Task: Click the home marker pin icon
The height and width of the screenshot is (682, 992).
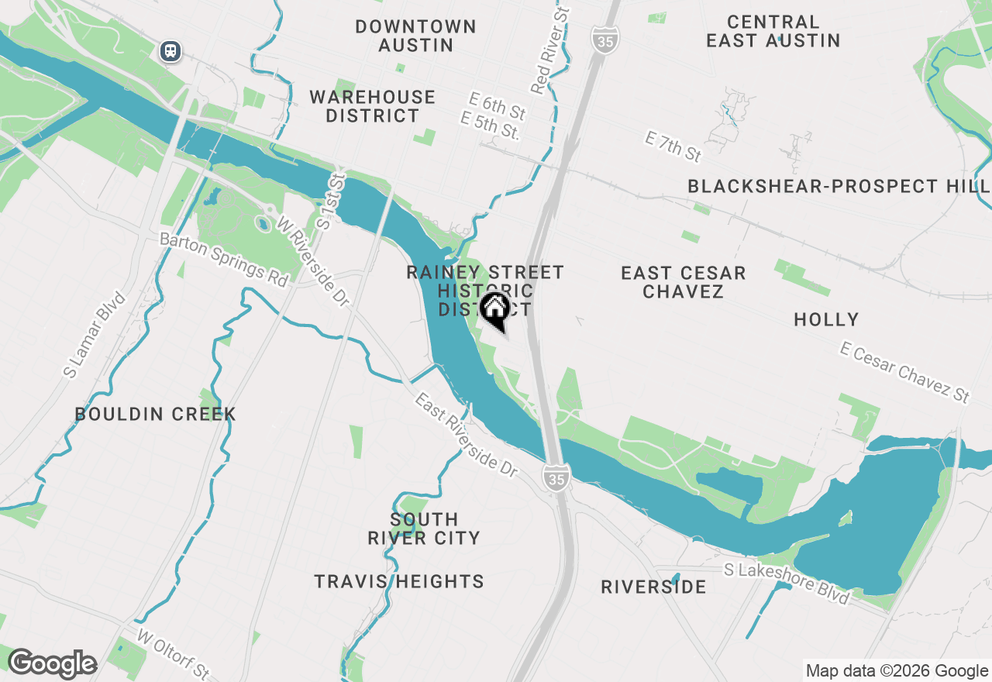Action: (x=494, y=311)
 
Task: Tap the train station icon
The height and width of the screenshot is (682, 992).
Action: (x=170, y=51)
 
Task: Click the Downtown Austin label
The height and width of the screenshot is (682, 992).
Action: (x=415, y=36)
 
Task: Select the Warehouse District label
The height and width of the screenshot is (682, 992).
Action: (x=373, y=106)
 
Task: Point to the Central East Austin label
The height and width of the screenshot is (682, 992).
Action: (x=773, y=31)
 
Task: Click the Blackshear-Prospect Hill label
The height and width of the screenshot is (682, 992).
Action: (x=838, y=186)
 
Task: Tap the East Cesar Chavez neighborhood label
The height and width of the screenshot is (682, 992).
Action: (x=683, y=282)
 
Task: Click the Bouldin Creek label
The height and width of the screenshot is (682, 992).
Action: (x=155, y=414)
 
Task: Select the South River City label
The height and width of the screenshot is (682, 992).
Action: (x=424, y=529)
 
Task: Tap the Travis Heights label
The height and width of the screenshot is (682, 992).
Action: (x=399, y=581)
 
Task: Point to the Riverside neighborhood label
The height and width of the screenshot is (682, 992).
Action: (x=653, y=587)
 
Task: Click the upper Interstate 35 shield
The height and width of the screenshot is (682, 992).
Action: (x=603, y=40)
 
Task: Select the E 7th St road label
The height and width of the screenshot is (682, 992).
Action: (x=673, y=146)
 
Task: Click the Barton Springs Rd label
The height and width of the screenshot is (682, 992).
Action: (x=223, y=259)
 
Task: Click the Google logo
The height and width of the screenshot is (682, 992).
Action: (x=52, y=664)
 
